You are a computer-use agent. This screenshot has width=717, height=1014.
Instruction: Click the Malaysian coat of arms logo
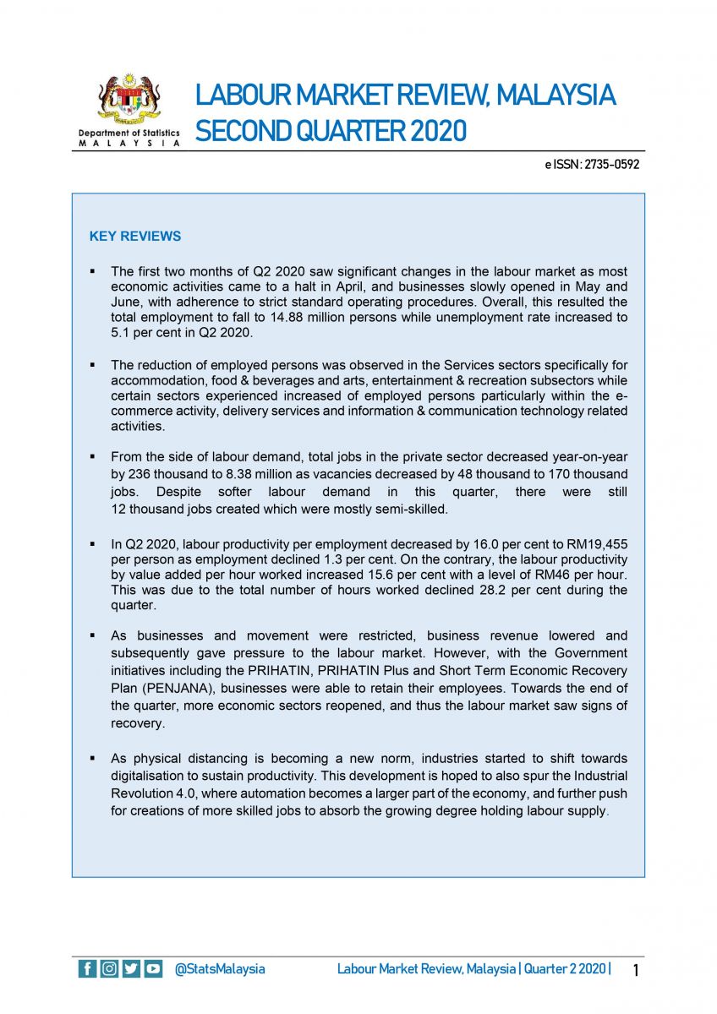[x=129, y=99]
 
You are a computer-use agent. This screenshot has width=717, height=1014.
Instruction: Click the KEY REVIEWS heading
[x=135, y=237]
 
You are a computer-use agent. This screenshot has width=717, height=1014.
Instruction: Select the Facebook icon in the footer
[x=88, y=969]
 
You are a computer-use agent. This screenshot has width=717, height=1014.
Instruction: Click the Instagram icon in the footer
[x=110, y=969]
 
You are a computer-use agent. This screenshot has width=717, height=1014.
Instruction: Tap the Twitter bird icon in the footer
[x=131, y=969]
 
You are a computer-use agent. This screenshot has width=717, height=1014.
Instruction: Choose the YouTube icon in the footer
[x=153, y=969]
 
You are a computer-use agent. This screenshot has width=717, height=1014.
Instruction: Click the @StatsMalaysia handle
[x=220, y=969]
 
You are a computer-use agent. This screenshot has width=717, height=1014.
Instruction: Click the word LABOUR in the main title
[x=239, y=95]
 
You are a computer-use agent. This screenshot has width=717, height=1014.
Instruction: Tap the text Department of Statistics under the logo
[x=129, y=134]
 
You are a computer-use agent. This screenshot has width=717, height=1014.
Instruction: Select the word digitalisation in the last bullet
[x=154, y=775]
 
